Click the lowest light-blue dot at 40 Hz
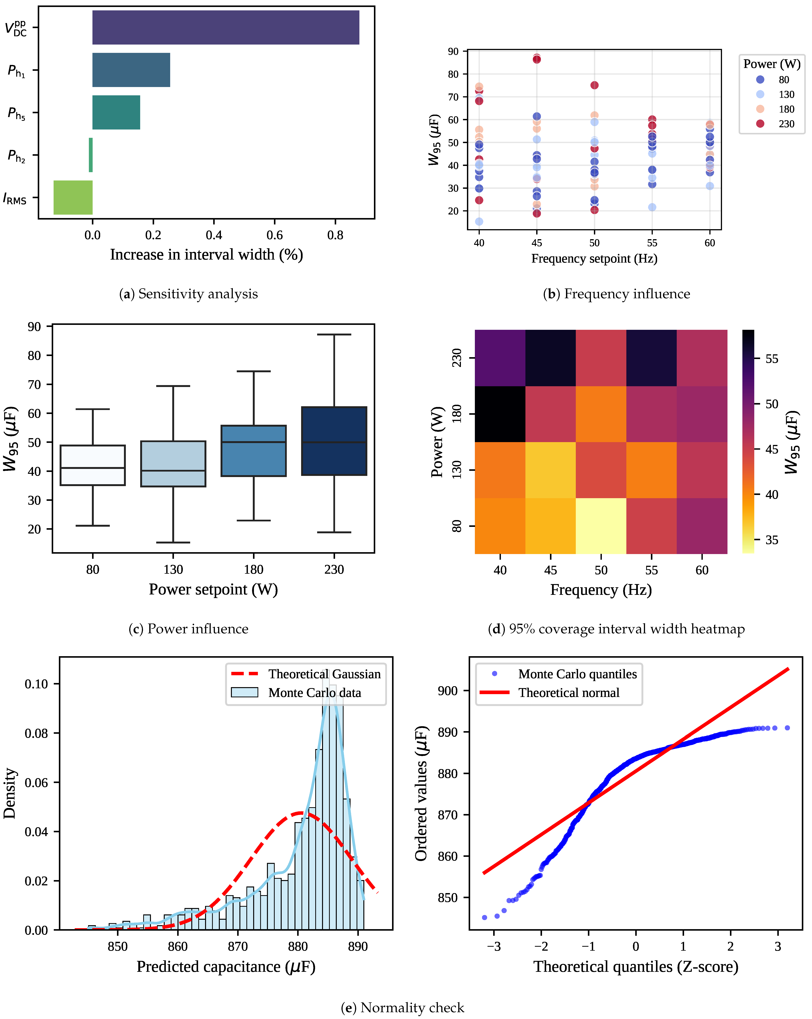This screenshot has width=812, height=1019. pos(479,221)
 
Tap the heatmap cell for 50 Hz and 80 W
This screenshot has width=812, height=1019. pos(601,526)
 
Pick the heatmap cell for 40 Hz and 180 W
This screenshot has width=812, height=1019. pos(500,414)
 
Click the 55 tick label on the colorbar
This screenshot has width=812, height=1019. pos(771,359)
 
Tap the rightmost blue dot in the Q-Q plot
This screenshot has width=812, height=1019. pos(787,728)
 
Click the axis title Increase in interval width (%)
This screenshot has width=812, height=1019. pos(206,255)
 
